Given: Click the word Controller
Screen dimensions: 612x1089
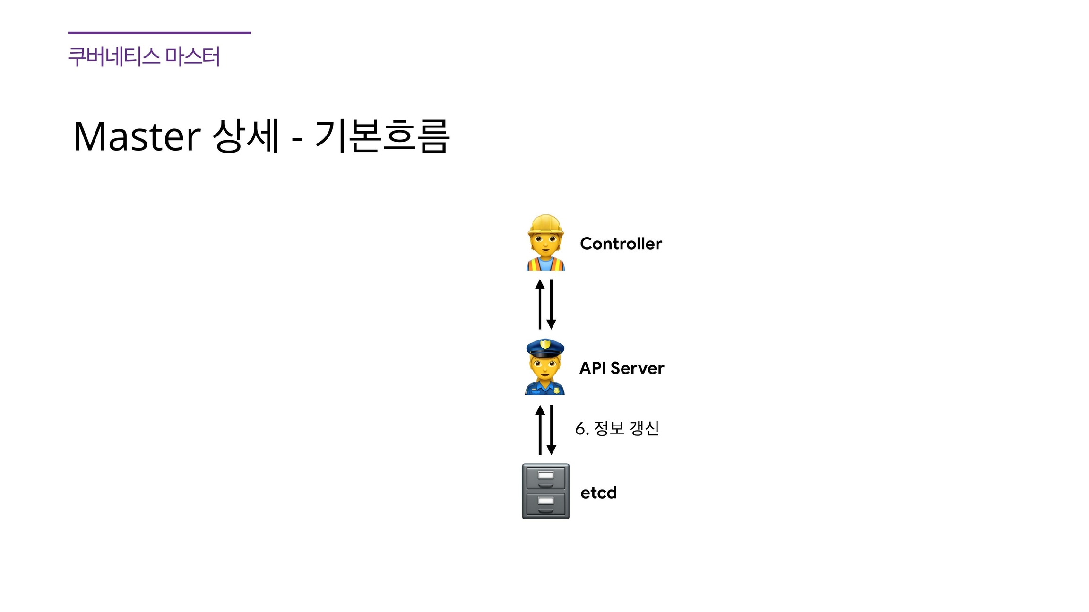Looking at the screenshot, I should (621, 244).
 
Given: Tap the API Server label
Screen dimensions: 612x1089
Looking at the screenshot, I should (622, 368).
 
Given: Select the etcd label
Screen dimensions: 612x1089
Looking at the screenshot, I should (598, 493).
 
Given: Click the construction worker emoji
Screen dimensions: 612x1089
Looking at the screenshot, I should (545, 243).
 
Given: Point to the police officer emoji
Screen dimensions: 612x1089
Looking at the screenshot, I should (545, 367).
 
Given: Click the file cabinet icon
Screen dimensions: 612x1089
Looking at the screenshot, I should (545, 491).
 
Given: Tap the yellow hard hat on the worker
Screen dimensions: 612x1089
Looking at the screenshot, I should (545, 224).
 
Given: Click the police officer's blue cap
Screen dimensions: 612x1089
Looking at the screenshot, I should (545, 348).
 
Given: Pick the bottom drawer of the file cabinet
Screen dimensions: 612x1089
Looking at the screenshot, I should (545, 504).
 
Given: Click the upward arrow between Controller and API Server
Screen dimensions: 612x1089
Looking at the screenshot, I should (540, 304).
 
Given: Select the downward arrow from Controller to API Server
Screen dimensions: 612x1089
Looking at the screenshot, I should (551, 304).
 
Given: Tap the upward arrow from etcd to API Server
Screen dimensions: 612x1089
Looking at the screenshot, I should (540, 430).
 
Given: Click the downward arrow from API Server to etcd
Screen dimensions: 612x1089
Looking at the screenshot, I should (551, 430).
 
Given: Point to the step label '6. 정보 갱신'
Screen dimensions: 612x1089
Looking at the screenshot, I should (617, 428).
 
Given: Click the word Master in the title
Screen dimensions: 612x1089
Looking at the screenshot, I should (137, 136).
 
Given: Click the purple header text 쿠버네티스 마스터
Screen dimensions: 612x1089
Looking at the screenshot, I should (144, 57).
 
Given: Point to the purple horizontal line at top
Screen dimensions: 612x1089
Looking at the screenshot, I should (159, 33).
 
